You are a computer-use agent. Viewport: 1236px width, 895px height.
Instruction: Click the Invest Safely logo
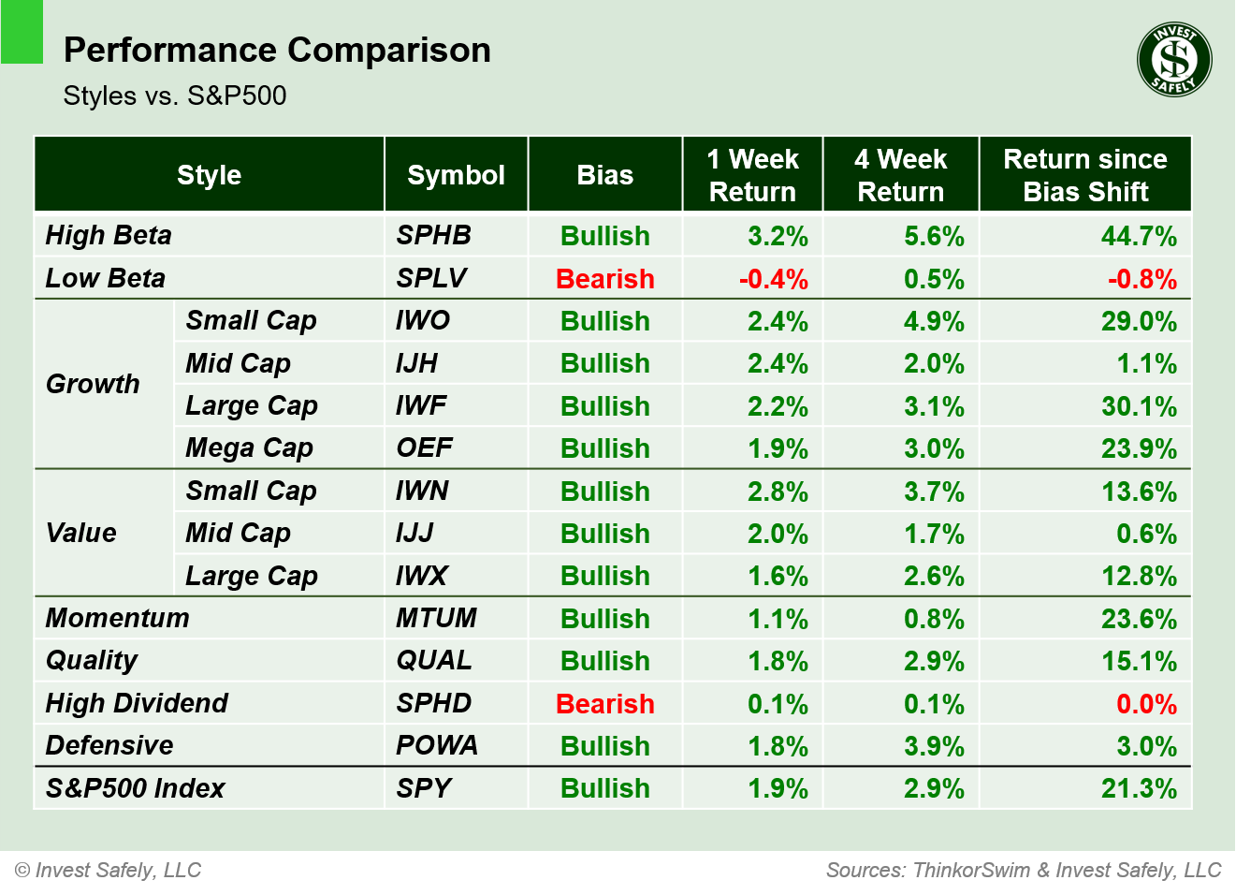tap(1174, 60)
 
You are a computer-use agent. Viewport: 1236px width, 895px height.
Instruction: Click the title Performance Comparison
tap(277, 50)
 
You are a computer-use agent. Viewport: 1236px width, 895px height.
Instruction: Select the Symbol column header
tap(456, 175)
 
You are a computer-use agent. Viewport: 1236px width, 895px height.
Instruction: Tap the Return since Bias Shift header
tap(1085, 175)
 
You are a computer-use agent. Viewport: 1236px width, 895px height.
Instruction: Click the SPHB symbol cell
tap(433, 235)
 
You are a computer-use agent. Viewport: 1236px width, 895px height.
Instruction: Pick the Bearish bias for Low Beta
tap(604, 279)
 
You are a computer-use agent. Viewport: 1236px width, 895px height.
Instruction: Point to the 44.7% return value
tap(1139, 236)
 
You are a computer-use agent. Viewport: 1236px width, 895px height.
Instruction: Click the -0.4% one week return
tap(773, 279)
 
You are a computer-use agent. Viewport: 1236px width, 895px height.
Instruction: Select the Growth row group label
tap(93, 384)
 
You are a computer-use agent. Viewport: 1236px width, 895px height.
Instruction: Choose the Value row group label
tap(81, 533)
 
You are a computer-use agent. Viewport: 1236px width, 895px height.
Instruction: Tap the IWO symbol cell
tap(423, 320)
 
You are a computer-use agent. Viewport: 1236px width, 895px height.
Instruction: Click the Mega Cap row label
tap(249, 447)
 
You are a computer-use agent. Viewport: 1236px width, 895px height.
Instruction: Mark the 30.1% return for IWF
tap(1139, 406)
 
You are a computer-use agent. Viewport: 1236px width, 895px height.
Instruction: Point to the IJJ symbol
tap(414, 533)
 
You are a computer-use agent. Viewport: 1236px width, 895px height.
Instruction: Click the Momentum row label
tap(118, 618)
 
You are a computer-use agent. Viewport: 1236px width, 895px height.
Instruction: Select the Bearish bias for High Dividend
tap(604, 704)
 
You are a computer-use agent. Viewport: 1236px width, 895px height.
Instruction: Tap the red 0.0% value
tap(1146, 704)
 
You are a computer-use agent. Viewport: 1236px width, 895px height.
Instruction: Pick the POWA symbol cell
tap(437, 745)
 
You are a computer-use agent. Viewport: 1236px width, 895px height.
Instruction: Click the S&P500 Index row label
tap(136, 788)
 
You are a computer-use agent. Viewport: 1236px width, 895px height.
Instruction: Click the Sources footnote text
tap(1024, 871)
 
